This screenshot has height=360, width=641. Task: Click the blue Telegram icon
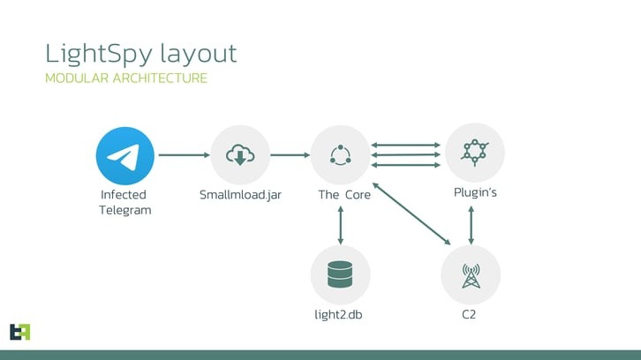click(125, 155)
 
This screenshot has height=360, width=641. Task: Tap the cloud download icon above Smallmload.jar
click(240, 155)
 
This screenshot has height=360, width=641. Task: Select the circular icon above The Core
click(340, 155)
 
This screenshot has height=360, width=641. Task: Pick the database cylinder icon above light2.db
click(340, 274)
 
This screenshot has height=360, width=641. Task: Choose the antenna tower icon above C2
click(471, 274)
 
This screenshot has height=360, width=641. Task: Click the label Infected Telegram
click(124, 202)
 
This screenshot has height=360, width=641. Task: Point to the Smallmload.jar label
click(240, 195)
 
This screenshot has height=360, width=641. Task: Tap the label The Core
click(344, 195)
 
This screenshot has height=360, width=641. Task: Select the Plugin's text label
click(475, 192)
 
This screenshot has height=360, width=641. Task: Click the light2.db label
click(340, 314)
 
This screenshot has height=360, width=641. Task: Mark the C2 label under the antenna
click(471, 314)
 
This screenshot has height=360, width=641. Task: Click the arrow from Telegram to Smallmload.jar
click(183, 155)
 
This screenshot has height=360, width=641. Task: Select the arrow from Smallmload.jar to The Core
click(290, 155)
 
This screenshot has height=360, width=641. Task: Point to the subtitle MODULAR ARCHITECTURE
click(126, 79)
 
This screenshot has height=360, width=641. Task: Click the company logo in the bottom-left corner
click(19, 331)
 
